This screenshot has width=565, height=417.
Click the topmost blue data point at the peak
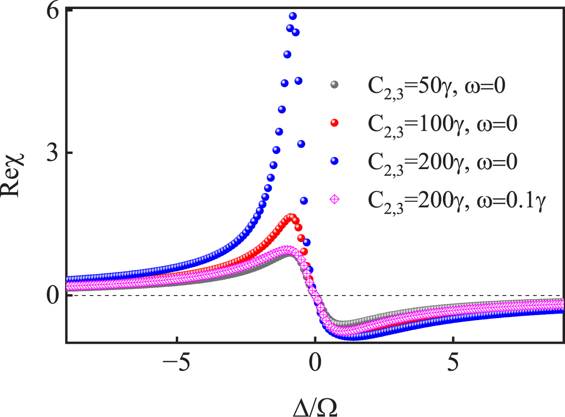click(293, 16)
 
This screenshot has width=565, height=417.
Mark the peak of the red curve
click(290, 217)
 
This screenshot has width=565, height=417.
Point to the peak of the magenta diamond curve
click(287, 249)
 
